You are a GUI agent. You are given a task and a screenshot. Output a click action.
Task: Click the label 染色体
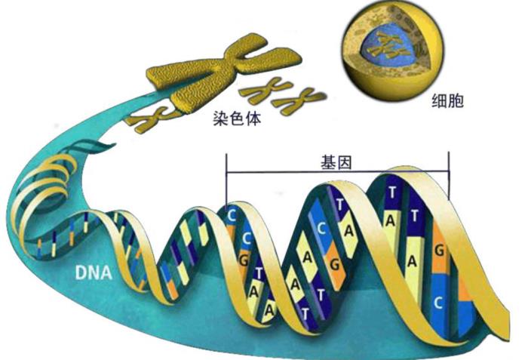236,118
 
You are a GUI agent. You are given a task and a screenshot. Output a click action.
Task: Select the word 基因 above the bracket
337,162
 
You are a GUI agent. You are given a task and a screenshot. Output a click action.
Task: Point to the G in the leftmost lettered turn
243,260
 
